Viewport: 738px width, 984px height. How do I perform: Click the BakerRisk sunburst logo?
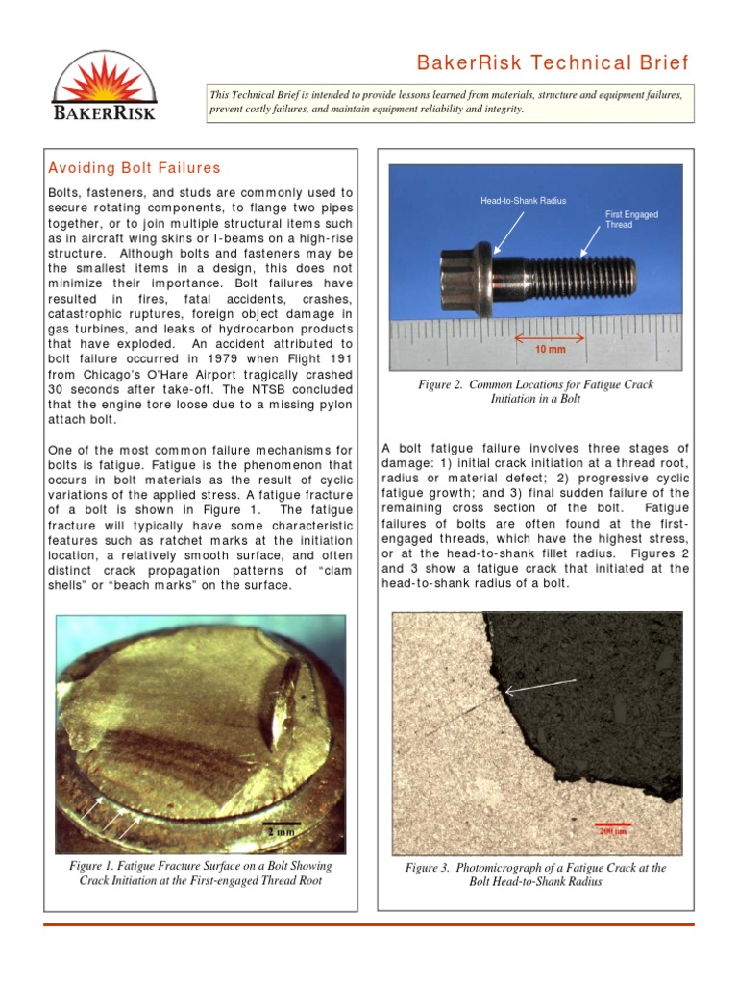coord(103,86)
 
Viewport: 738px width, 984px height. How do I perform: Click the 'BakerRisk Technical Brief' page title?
coord(552,63)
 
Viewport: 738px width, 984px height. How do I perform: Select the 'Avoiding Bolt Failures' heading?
coord(135,168)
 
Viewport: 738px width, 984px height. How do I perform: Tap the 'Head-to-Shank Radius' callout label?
coord(524,201)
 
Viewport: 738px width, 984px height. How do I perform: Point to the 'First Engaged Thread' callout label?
coord(631,219)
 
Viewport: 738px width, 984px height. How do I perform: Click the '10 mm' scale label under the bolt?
coord(551,352)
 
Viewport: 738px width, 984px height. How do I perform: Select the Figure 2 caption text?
coord(535,391)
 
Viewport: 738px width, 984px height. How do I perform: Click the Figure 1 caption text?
coord(200,873)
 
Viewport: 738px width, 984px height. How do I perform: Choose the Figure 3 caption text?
coord(535,874)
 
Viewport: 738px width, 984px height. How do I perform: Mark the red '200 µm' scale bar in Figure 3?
coord(613,827)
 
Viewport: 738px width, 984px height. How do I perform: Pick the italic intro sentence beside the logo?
coord(447,103)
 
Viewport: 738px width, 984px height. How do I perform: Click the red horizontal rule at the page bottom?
coord(369,924)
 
